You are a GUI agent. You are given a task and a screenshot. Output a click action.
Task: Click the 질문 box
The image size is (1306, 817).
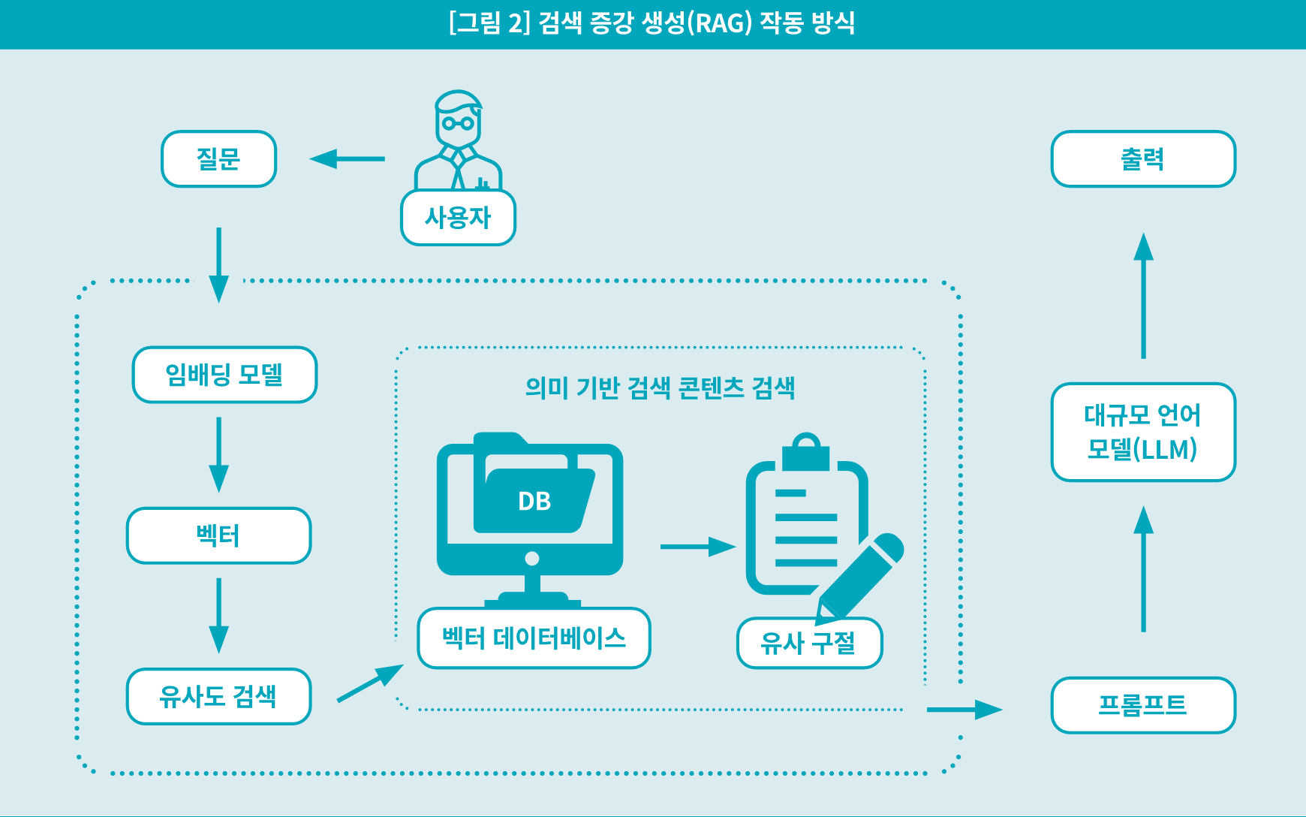coord(218,159)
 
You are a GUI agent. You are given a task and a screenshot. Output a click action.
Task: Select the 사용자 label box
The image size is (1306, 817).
coord(458,218)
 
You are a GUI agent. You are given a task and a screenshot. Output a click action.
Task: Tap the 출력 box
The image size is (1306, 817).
coord(1142,159)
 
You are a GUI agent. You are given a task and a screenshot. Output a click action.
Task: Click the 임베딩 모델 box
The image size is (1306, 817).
coord(224,375)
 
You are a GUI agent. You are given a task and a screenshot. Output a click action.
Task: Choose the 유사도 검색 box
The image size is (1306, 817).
coord(218,697)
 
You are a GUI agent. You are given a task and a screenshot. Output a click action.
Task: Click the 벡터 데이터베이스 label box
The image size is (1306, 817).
coord(534,638)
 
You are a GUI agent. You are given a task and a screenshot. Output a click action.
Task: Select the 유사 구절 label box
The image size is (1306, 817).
coord(809,643)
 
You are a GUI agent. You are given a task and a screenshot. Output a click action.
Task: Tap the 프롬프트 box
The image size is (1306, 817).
coord(1142,705)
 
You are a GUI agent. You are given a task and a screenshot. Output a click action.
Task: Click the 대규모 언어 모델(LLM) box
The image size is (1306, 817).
coord(1142,433)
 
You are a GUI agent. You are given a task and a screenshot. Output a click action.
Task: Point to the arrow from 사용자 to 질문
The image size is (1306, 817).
coord(347,159)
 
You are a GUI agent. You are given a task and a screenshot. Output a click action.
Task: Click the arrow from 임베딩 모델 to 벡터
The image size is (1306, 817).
coord(218,454)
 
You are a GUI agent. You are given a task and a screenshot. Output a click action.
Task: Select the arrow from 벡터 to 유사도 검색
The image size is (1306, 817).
coord(218,615)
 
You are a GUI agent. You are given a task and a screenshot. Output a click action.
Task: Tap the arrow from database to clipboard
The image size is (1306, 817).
coord(697,547)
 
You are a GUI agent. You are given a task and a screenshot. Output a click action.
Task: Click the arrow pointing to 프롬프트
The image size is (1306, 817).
coord(964,710)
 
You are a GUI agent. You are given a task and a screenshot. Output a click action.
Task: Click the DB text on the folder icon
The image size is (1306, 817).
coord(534,502)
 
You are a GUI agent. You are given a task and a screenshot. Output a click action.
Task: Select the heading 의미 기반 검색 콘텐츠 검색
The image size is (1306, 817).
coord(660,388)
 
